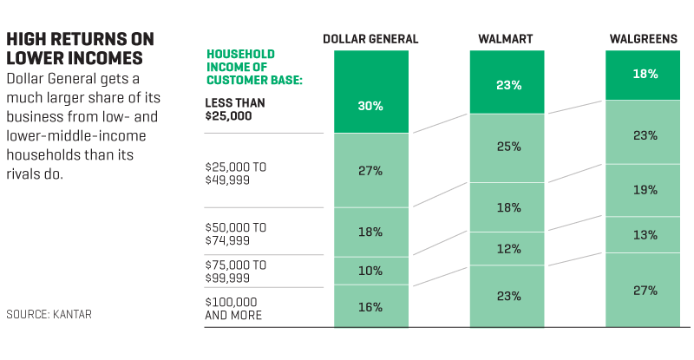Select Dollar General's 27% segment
coord(370,170)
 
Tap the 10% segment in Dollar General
coord(370,271)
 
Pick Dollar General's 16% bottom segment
coord(370,306)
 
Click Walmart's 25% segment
coord(508,147)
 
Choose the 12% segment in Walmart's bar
coord(508,249)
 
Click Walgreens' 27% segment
coord(645,291)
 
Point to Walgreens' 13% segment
coord(645,234)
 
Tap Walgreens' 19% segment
coord(645,190)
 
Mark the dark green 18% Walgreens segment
coord(645,75)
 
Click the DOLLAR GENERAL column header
coord(370,39)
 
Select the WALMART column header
coord(505,39)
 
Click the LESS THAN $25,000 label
coord(235,108)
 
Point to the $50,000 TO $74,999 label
coord(236,232)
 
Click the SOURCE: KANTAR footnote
coord(49,314)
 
